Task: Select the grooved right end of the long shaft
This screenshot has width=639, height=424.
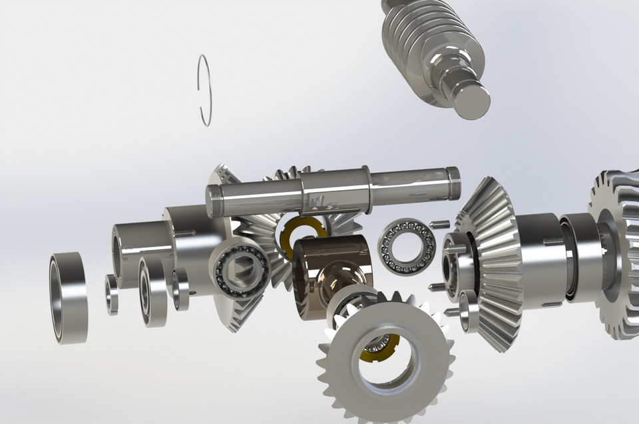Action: click(x=452, y=183)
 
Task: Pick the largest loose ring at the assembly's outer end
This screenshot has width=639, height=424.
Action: click(x=68, y=298)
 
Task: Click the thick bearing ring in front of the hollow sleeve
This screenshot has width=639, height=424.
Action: click(x=152, y=292)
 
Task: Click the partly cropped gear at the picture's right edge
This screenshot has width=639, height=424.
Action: click(x=616, y=253)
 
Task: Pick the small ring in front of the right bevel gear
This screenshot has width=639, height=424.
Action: click(x=469, y=311)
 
